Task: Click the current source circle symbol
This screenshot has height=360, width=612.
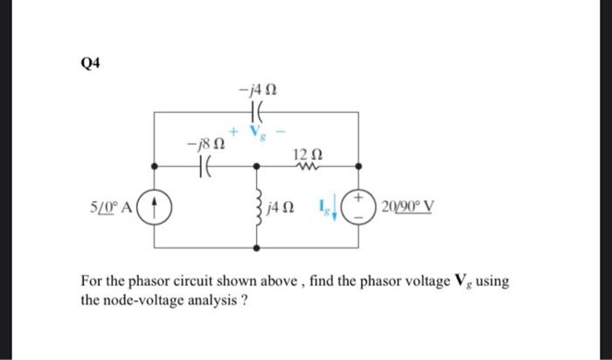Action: pos(155,208)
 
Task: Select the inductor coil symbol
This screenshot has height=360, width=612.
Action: pos(257,207)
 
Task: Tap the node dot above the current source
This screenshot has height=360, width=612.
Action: pos(155,163)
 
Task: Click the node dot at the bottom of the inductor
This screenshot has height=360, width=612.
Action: pos(256,249)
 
